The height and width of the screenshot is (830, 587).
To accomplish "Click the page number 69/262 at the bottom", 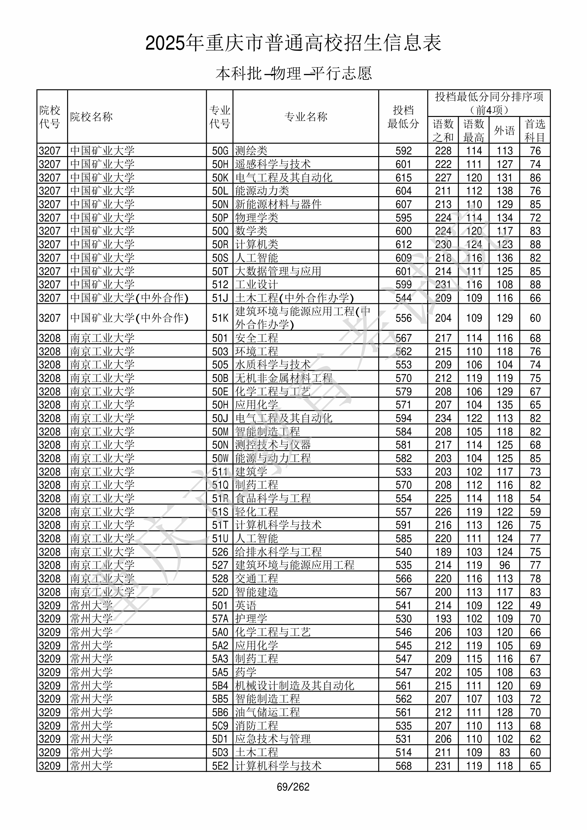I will (x=293, y=787).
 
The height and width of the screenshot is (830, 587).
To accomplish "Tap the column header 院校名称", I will (x=91, y=117).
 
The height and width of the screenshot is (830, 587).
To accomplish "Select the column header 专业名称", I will (x=306, y=117).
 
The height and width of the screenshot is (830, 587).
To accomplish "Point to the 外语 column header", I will (x=504, y=130).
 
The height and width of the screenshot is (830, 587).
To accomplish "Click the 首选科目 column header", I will (x=535, y=130).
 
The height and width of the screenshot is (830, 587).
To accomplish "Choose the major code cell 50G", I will (x=220, y=151).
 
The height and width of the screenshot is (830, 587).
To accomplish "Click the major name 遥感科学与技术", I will (x=273, y=164).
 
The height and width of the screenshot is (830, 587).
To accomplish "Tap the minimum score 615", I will (x=403, y=177).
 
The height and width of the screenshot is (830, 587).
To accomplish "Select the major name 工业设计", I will (x=257, y=285).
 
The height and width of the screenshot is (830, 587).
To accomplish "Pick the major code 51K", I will (x=220, y=318).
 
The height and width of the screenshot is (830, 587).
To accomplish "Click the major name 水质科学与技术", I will (x=273, y=365).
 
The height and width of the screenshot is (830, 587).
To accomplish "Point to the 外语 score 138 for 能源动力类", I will (x=504, y=191).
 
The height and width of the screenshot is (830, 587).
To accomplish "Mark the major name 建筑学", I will (x=251, y=472).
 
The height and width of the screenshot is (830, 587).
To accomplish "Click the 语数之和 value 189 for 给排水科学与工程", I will (x=443, y=552).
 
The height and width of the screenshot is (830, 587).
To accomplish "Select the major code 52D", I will (x=220, y=592).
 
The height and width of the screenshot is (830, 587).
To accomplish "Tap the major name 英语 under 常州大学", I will (x=246, y=606).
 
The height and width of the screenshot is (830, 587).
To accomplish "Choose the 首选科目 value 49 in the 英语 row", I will (x=535, y=606).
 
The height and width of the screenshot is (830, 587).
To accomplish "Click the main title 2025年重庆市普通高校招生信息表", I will (x=293, y=43).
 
